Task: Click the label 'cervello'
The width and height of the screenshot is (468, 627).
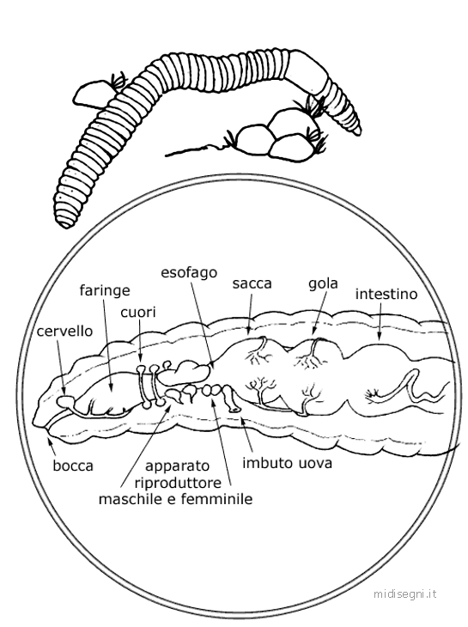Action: pyautogui.click(x=64, y=331)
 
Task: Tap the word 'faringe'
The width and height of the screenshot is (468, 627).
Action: pyautogui.click(x=105, y=290)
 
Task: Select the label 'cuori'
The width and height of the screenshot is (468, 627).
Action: pyautogui.click(x=138, y=313)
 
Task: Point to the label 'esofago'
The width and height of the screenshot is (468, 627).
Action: pyautogui.click(x=189, y=272)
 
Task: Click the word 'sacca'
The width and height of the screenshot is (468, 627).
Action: pyautogui.click(x=252, y=283)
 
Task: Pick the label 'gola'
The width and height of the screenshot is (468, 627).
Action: pyautogui.click(x=323, y=283)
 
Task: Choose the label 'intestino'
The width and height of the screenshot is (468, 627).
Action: pyautogui.click(x=386, y=295)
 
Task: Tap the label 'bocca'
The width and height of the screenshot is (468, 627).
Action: pyautogui.click(x=73, y=466)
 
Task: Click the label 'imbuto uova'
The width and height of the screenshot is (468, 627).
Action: pyautogui.click(x=288, y=463)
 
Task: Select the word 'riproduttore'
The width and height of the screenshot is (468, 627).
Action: pyautogui.click(x=178, y=483)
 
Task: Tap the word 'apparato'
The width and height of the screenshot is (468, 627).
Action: pyautogui.click(x=177, y=466)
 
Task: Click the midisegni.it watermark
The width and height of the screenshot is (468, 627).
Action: pyautogui.click(x=404, y=594)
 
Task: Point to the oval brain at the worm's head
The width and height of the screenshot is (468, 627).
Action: pyautogui.click(x=64, y=400)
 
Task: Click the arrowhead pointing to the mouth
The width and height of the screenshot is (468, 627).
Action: pyautogui.click(x=49, y=441)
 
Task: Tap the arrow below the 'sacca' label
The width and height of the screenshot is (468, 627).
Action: pyautogui.click(x=250, y=313)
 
